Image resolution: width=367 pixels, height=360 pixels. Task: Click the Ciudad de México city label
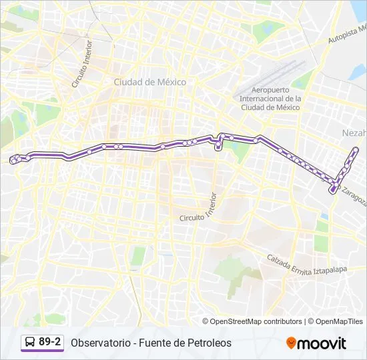pos(150,82)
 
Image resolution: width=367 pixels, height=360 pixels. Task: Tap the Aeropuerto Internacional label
pos(270,99)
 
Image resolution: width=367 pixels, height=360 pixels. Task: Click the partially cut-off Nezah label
pos(354,132)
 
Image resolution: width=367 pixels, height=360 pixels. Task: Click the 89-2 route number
pos(50,342)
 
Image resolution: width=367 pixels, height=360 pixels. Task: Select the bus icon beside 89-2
pos(30,343)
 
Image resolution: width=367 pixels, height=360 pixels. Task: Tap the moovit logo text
pos(322,343)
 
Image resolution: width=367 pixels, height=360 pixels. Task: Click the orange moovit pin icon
pos(291,343)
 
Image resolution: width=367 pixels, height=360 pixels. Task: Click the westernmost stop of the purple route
pos(13,159)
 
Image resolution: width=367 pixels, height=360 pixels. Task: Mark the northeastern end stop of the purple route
pos(356,149)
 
